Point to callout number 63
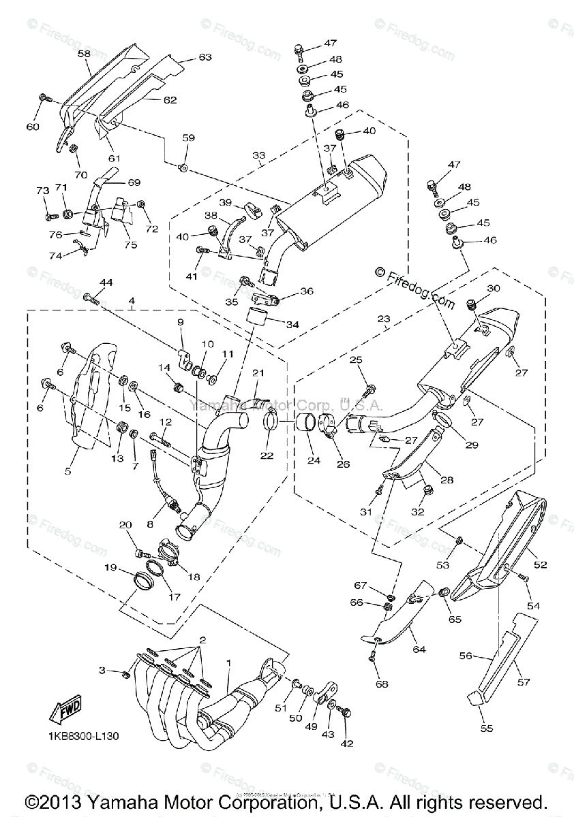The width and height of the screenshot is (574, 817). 205,57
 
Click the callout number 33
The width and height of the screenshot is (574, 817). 258,156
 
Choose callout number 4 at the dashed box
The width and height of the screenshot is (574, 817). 131,300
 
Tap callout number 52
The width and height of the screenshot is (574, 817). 540,564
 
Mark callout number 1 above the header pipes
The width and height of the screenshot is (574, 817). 229,662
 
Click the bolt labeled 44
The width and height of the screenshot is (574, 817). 93,297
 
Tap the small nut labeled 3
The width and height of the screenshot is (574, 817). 125,674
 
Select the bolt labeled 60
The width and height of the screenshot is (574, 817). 47,99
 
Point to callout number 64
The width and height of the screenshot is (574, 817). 418,650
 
